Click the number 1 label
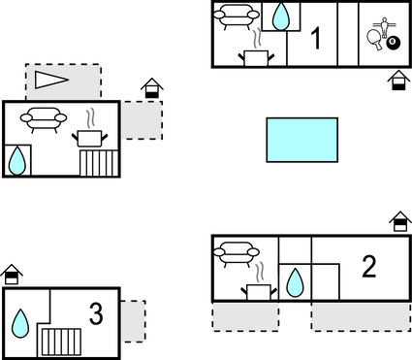coord(316,38)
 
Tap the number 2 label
coord(369,267)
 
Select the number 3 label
coord(96,313)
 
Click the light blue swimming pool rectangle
coord(302,140)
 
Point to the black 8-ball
coord(393,43)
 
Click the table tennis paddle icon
coord(374,40)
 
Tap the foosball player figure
coord(384,27)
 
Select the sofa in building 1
coord(237,16)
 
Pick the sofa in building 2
coord(237,254)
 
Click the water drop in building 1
coord(281,17)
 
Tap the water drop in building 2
coord(295,282)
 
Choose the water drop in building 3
coord(20,323)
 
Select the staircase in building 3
coord(61,343)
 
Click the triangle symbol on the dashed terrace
coord(51,80)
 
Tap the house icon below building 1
coord(398,81)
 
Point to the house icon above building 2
coord(400,221)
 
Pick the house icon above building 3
coord(12,275)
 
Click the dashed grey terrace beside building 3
coord(133,321)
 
